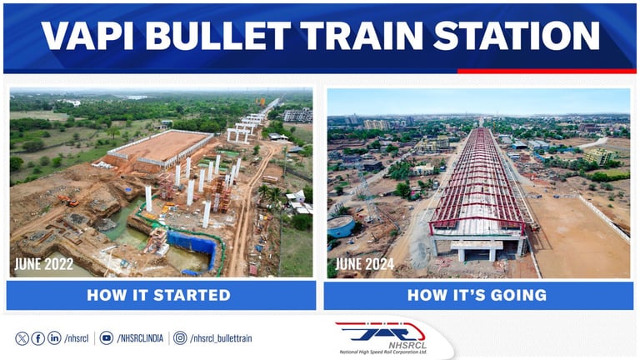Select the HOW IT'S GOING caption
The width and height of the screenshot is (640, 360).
point(477,295)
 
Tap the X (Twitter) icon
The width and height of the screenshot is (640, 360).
point(22,338)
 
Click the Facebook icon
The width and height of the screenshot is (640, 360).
point(38,338)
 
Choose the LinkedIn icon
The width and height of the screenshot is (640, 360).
point(54,338)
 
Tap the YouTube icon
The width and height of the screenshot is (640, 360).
point(106,338)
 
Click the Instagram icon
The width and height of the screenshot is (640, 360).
point(180,338)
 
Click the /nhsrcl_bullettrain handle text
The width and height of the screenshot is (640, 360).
point(221,338)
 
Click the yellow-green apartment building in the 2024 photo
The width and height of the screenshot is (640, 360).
point(598,156)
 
